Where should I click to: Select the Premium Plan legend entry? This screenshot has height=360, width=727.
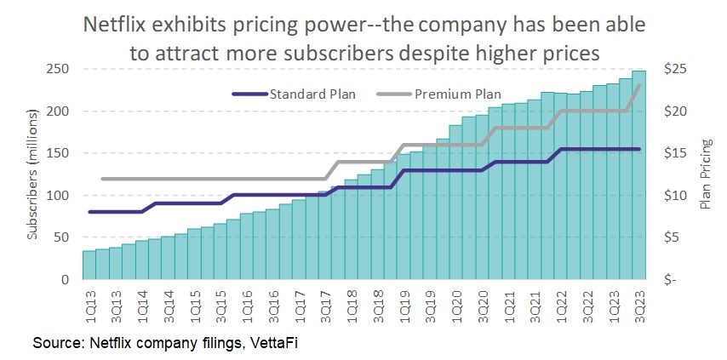click(457, 94)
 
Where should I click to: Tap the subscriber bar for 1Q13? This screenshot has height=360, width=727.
click(89, 265)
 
